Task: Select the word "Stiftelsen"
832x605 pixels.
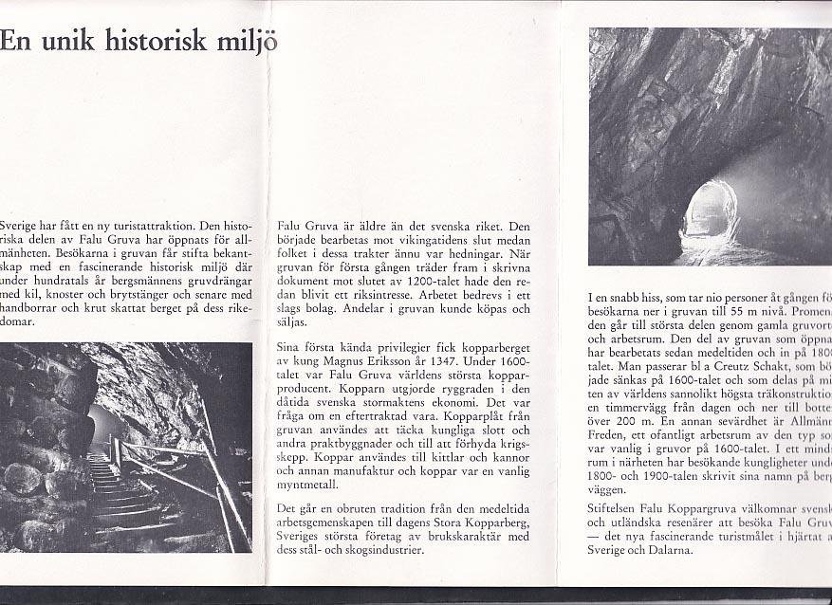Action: tap(615, 508)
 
